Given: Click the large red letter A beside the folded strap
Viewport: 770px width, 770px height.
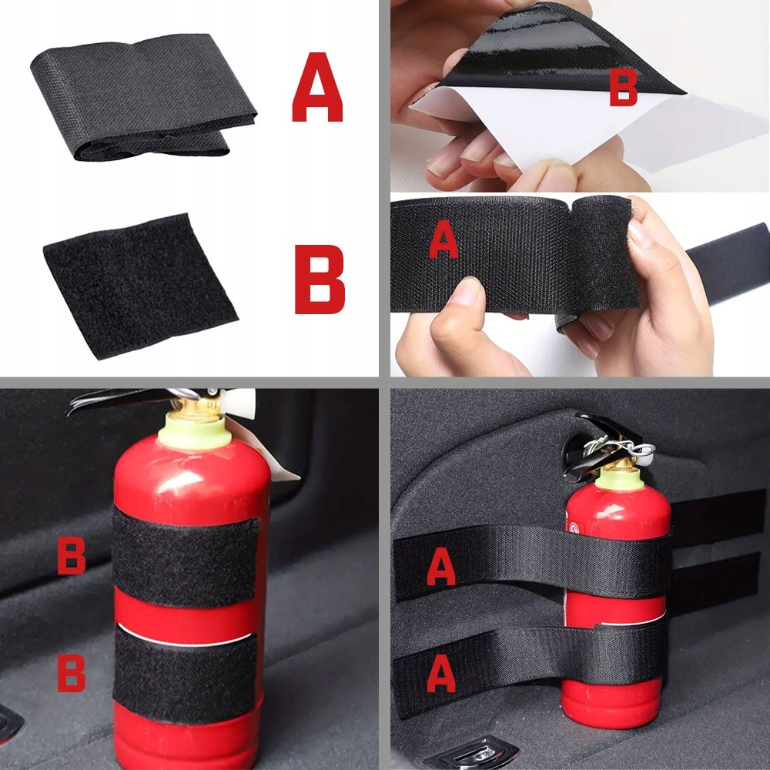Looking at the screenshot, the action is (x=317, y=87).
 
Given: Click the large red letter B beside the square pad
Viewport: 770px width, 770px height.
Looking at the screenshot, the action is (x=320, y=279).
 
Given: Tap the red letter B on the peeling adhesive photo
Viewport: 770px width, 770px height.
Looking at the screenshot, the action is (x=623, y=88).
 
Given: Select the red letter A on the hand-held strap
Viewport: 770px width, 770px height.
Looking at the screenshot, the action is (x=444, y=239).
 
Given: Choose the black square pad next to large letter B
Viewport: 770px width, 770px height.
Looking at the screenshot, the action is (x=140, y=286).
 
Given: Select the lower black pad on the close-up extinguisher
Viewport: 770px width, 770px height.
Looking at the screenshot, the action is (x=185, y=674).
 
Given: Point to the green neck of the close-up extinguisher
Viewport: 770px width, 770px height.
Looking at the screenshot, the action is (x=196, y=432).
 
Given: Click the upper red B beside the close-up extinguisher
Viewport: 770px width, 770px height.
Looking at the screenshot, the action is (x=71, y=555).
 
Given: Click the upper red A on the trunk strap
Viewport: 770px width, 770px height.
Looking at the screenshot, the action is (x=441, y=566).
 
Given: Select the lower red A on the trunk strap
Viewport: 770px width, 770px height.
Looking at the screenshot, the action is (x=441, y=673).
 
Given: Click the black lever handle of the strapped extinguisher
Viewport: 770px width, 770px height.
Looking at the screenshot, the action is (x=597, y=444).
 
